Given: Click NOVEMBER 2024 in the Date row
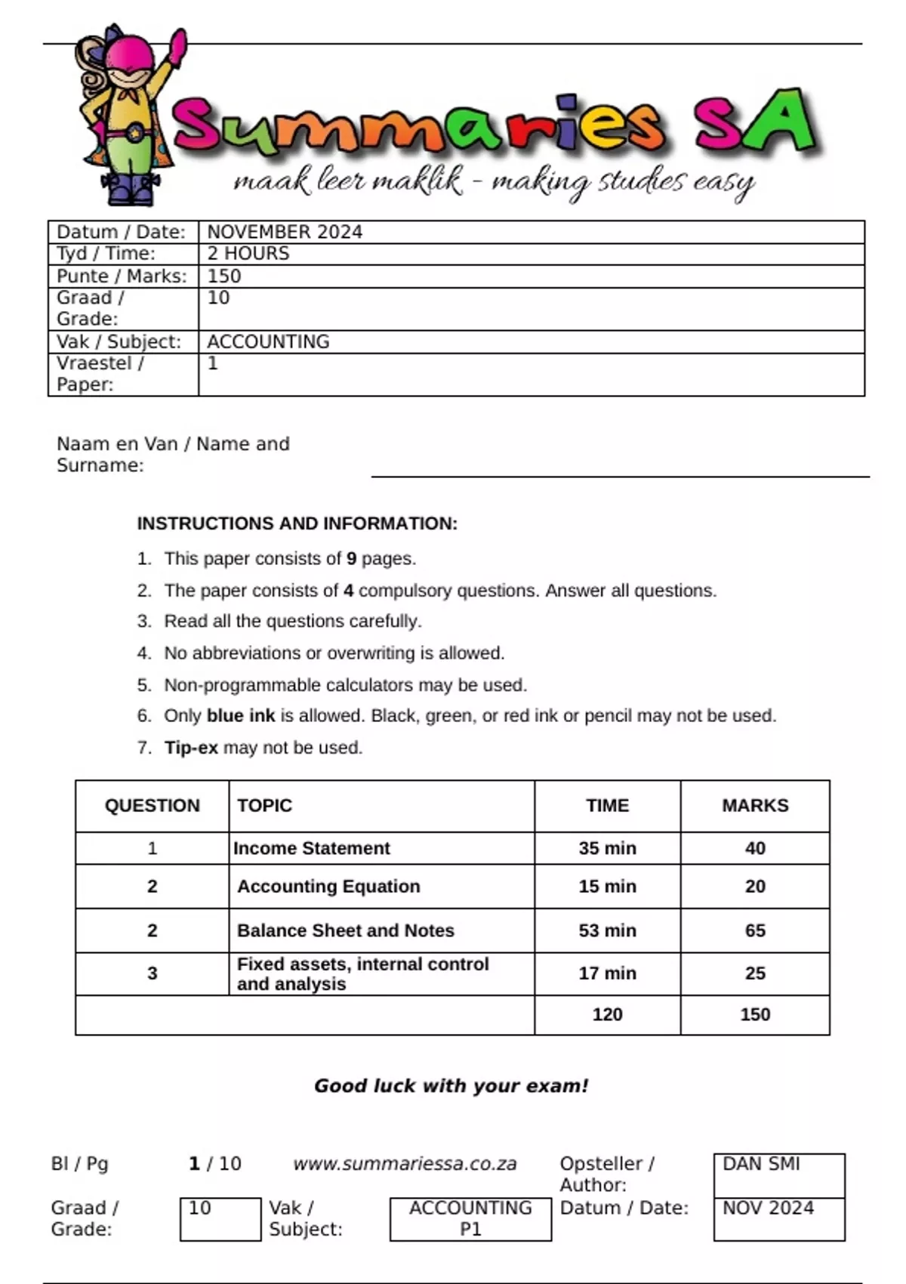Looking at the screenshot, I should click(x=285, y=232).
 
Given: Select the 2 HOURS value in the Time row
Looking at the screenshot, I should click(x=248, y=254).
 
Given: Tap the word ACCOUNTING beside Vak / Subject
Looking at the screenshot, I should click(x=268, y=341).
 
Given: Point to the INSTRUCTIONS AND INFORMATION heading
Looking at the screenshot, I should click(x=297, y=523).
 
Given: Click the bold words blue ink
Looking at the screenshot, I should click(x=240, y=715).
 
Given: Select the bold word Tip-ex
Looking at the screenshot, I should click(x=191, y=748).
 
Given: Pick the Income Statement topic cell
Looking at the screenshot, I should click(x=312, y=848).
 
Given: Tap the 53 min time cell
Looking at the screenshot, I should click(x=607, y=931).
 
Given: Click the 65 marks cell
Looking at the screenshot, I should click(x=755, y=931).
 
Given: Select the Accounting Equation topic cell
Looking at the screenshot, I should click(x=328, y=887).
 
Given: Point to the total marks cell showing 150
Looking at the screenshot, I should click(x=755, y=1014).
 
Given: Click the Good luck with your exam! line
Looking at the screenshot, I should click(x=451, y=1086).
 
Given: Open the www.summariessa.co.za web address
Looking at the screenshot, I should click(x=405, y=1164).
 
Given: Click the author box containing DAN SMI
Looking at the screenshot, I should click(x=778, y=1174).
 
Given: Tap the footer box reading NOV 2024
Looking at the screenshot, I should click(x=778, y=1218).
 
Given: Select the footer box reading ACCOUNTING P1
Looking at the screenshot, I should click(x=470, y=1218).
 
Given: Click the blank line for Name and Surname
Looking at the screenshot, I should click(x=619, y=468).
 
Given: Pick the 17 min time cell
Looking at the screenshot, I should click(x=607, y=974).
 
